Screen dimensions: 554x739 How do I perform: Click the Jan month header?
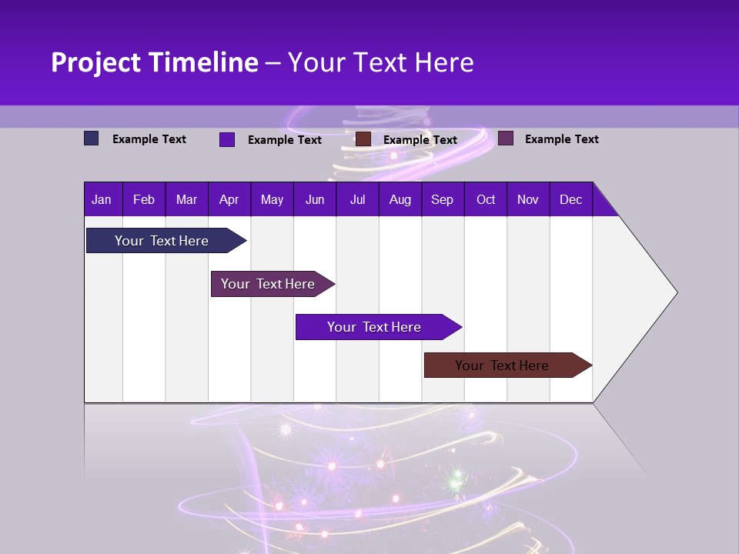pyautogui.click(x=102, y=199)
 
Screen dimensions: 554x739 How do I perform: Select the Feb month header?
pyautogui.click(x=144, y=199)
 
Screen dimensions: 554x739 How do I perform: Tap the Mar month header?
pyautogui.click(x=186, y=199)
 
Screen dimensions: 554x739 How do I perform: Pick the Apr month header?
pyautogui.click(x=229, y=199)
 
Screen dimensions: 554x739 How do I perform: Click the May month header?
pyautogui.click(x=272, y=199)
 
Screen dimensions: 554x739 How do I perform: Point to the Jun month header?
pyautogui.click(x=315, y=199)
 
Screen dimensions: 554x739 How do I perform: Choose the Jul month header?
pyautogui.click(x=357, y=199)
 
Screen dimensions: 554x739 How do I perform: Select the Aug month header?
pyautogui.click(x=400, y=199)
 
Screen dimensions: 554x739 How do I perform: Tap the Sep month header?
pyautogui.click(x=442, y=199)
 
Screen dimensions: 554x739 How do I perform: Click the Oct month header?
pyautogui.click(x=486, y=199)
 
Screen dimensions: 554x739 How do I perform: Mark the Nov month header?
pyautogui.click(x=528, y=199)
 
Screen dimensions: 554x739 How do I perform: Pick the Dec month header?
pyautogui.click(x=570, y=199)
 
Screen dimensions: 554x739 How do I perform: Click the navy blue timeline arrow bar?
pyautogui.click(x=162, y=241)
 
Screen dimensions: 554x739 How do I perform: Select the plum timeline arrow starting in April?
pyautogui.click(x=268, y=284)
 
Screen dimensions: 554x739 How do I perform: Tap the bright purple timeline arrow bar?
pyautogui.click(x=374, y=327)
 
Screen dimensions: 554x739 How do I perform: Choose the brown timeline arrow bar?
pyautogui.click(x=502, y=365)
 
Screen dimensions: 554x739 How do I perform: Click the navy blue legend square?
pyautogui.click(x=92, y=138)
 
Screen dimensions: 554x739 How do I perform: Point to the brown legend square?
pyautogui.click(x=363, y=139)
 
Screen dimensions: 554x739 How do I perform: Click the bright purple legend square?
pyautogui.click(x=227, y=139)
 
